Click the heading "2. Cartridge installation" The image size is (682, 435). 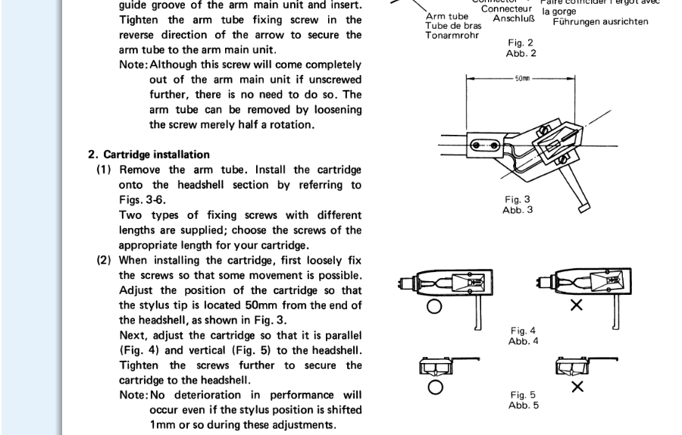click(x=149, y=155)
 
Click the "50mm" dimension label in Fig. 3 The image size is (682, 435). click(x=522, y=77)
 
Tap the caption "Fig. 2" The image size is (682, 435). click(x=521, y=43)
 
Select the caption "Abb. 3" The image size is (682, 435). click(x=518, y=209)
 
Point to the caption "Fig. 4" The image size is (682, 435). click(x=523, y=330)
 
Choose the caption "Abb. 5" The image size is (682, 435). click(x=523, y=405)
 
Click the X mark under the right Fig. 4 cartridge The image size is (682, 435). click(x=576, y=306)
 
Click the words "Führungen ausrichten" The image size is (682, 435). click(x=600, y=22)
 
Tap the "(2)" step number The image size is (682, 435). click(x=105, y=259)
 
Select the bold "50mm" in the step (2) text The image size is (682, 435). click(x=285, y=305)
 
